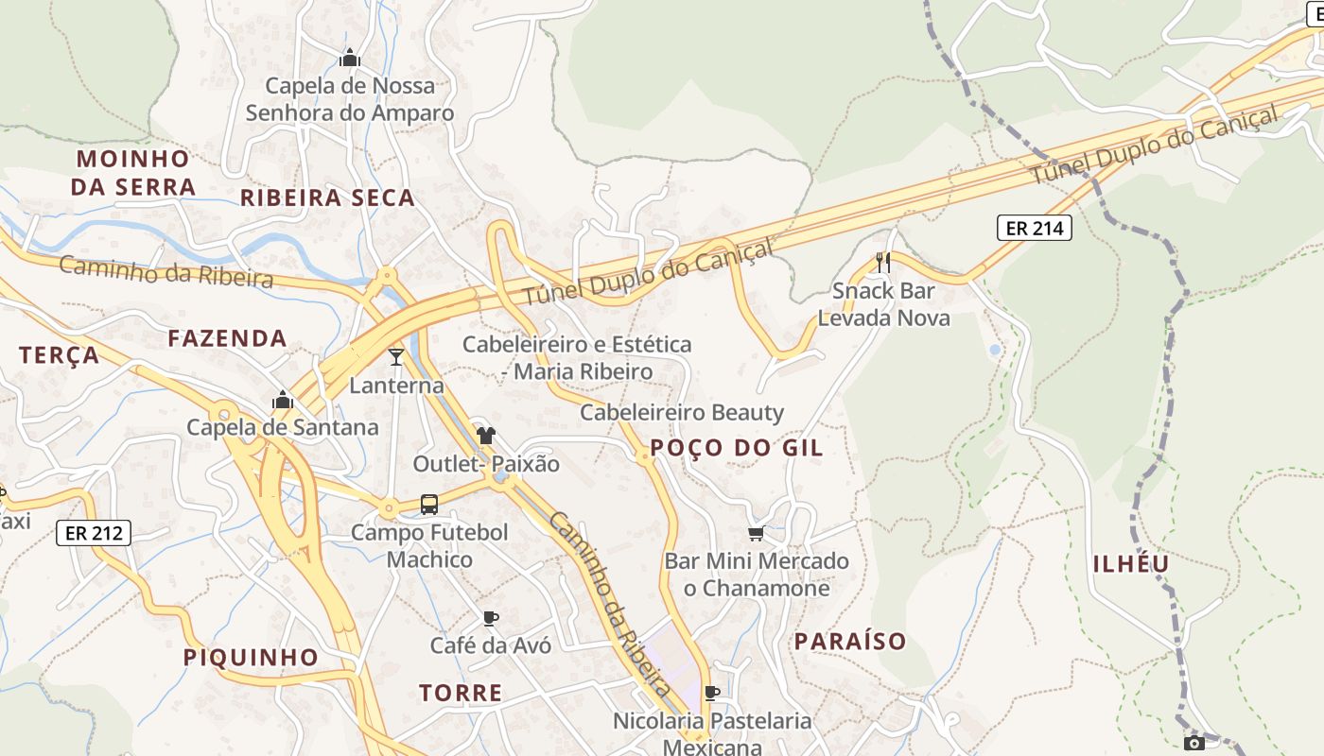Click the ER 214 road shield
coord(1034,228)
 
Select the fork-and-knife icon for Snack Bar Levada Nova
coord(883,262)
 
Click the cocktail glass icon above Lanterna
coord(396,356)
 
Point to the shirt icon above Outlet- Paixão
coord(486,436)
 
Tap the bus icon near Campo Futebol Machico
coord(429,505)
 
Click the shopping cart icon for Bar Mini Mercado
coord(756,534)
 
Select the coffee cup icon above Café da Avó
coord(490,618)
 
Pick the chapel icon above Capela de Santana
coord(282,400)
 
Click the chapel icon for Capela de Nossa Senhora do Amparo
coord(350,59)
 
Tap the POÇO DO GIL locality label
coord(737,448)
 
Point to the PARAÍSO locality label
coord(850,642)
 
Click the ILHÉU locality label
coord(1132,564)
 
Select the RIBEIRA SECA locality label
coord(327,198)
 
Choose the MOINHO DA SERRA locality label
coord(133,172)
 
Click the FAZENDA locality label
coord(227,338)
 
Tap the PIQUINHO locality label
coord(251,657)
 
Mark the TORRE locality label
coord(461,693)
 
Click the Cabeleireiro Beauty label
coord(682,412)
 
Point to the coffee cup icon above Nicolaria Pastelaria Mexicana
coord(712,693)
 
